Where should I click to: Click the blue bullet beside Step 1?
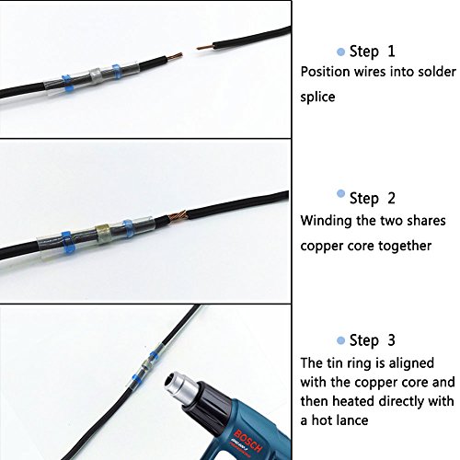[x=340, y=52]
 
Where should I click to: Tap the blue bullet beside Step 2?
[x=340, y=193]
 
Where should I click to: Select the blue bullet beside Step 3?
[x=340, y=340]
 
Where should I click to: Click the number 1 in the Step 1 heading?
[x=391, y=51]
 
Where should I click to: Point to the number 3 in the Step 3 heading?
[x=391, y=340]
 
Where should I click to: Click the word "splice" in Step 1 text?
[x=317, y=98]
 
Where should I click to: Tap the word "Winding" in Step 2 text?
[x=326, y=221]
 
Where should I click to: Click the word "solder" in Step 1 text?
[x=436, y=72]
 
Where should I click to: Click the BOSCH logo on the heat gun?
[x=247, y=442]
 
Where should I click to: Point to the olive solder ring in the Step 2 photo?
[x=103, y=235]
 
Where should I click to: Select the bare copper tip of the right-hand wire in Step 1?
[x=205, y=48]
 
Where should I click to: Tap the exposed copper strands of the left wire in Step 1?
[x=175, y=57]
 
